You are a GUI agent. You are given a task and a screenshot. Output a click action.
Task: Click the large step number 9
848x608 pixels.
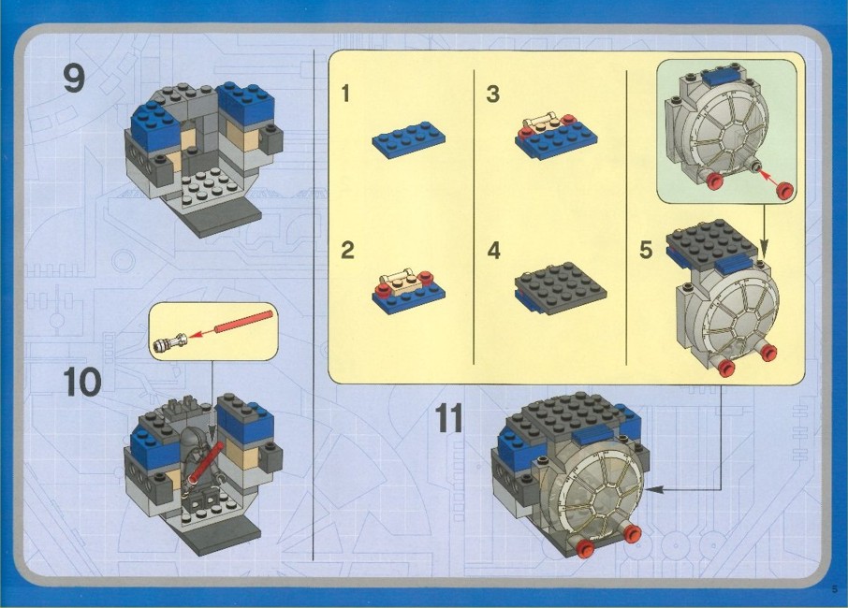[x=74, y=79]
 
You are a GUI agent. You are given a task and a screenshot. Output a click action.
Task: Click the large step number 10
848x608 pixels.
[x=82, y=382]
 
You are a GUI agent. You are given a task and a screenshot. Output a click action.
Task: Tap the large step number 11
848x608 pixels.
[x=449, y=418]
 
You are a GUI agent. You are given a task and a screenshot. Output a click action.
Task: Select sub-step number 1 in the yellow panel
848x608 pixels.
[x=346, y=94]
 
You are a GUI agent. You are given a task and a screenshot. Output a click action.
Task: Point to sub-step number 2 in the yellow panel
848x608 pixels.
[x=347, y=251]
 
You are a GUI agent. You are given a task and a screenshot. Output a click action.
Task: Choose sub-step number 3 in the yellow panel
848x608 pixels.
[x=492, y=94]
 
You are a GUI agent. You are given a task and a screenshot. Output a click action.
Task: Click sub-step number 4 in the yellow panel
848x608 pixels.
[x=494, y=251]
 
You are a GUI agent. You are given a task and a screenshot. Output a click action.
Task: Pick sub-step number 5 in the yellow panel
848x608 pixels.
[x=646, y=251]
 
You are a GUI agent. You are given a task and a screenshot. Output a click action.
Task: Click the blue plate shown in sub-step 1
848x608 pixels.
[x=408, y=139]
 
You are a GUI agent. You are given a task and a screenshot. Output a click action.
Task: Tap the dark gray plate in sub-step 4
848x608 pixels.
[x=561, y=287]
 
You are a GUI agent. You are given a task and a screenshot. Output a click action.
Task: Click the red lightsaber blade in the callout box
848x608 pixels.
[x=244, y=322]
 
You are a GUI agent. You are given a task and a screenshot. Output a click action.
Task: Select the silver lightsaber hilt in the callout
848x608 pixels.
[x=170, y=342]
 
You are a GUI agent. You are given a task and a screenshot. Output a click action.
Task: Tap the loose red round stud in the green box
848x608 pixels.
[x=784, y=190]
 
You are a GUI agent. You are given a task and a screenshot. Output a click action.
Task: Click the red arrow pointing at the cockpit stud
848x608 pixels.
[x=767, y=179]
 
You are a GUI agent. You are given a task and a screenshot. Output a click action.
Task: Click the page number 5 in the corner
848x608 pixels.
[x=835, y=589]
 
